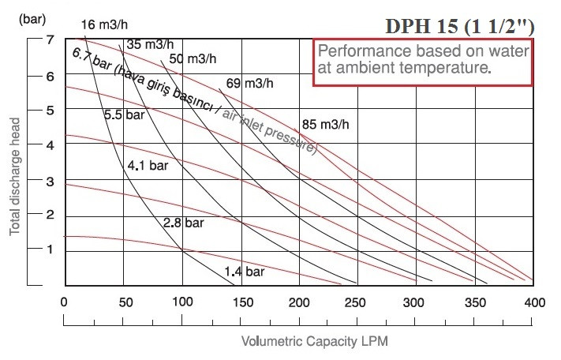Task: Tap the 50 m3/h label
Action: [193, 58]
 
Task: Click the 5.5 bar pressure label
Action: [125, 114]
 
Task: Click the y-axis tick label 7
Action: [49, 40]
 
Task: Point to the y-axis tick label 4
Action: [49, 145]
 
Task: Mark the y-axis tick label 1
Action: [49, 249]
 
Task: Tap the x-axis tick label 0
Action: [63, 302]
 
